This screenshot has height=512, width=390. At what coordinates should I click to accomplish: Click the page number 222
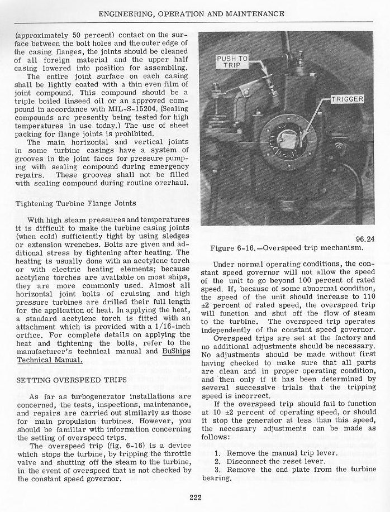pos(194,499)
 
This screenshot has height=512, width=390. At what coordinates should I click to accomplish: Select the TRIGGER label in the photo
pos(348,99)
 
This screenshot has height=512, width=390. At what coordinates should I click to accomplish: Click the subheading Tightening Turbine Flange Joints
pos(70,203)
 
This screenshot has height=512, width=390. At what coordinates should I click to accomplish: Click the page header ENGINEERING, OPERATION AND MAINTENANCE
pos(194,13)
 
